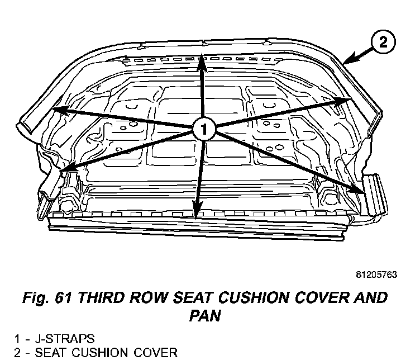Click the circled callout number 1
point(204,130)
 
